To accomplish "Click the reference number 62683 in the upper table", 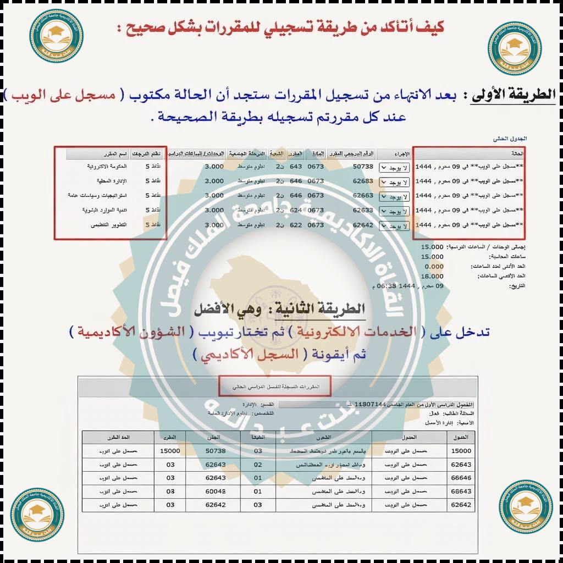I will [x=363, y=181].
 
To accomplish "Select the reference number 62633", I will [x=363, y=210].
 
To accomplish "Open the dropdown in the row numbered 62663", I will [x=395, y=196].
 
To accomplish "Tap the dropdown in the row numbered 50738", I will [x=395, y=167].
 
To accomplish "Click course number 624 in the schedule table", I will [x=296, y=210].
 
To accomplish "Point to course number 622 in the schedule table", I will [x=296, y=225].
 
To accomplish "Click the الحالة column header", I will [x=517, y=154].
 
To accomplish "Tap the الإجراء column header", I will [x=401, y=154].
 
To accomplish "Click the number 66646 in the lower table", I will [x=461, y=478].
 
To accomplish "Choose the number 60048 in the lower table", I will [x=216, y=491].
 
